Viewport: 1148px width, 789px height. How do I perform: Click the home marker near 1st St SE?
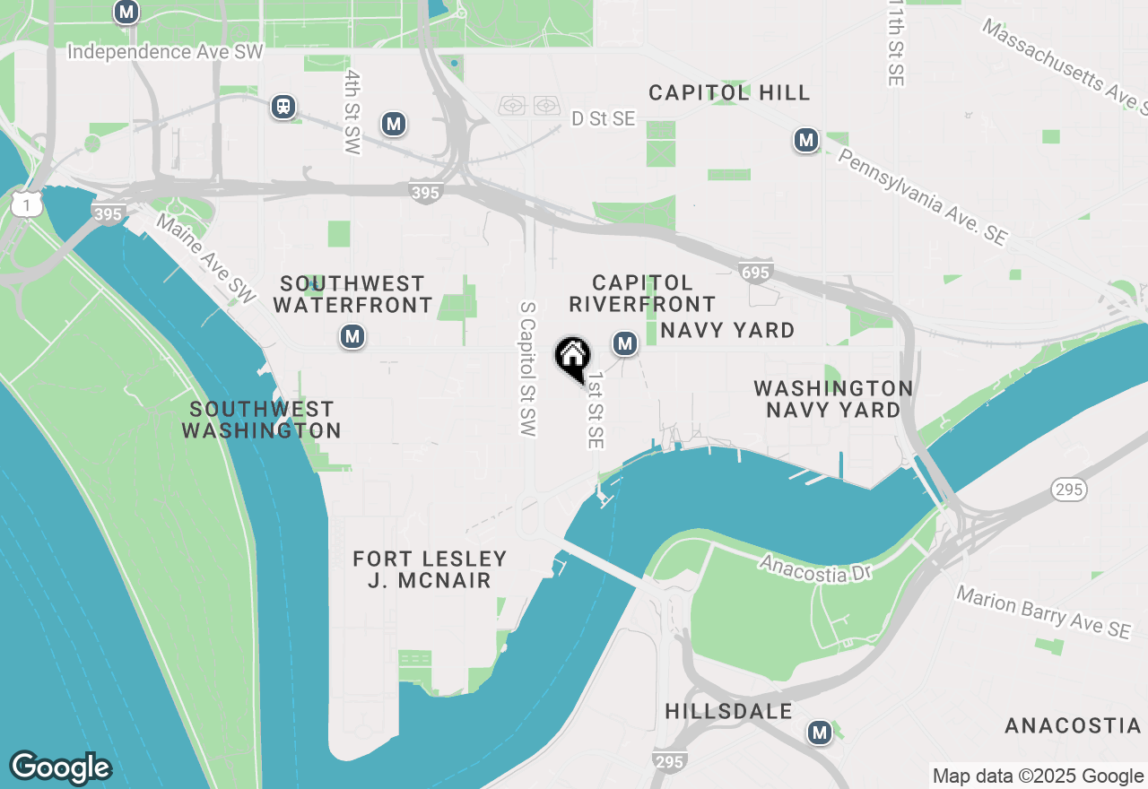click(572, 358)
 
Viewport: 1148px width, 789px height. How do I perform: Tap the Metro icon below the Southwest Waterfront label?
click(352, 337)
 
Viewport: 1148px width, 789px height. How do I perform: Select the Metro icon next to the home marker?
click(625, 342)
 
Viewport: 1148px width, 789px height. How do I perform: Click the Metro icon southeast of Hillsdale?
click(819, 733)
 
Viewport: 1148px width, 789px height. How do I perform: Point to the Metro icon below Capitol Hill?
click(806, 140)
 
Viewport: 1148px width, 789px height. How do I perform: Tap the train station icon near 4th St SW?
click(283, 107)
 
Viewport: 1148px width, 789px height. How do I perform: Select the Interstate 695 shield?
click(754, 270)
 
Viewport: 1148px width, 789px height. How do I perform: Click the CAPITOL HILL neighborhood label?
click(729, 92)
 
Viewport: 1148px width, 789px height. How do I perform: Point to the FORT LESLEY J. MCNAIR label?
click(430, 569)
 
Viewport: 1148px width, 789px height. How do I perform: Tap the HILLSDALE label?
click(729, 711)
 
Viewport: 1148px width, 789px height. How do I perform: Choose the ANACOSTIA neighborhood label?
click(1073, 725)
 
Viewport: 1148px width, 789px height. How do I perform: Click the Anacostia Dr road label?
click(815, 568)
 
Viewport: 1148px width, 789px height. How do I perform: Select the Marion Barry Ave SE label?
click(1043, 612)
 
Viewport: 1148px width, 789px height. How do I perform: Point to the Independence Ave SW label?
click(166, 52)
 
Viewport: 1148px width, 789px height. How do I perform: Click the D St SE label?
click(603, 118)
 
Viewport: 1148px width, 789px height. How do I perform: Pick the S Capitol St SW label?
click(528, 368)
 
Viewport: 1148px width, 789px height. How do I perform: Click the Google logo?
click(60, 767)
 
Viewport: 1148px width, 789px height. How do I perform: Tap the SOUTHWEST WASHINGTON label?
click(262, 420)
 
